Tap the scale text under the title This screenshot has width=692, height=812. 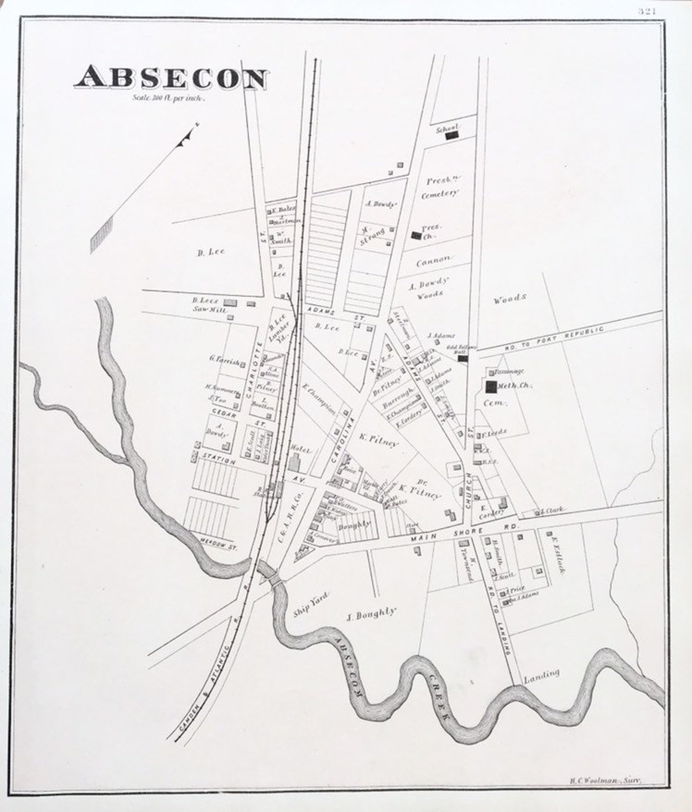click(168, 98)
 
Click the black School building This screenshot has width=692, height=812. click(452, 135)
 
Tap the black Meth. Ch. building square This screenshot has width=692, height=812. click(491, 385)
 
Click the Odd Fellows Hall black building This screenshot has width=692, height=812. click(463, 358)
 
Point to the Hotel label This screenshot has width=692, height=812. click(301, 451)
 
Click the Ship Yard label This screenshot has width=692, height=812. click(311, 604)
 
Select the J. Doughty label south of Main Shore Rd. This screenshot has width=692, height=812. click(371, 615)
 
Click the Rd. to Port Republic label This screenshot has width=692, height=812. click(554, 338)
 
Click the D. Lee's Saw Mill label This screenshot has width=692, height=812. click(204, 304)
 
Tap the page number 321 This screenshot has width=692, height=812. click(647, 12)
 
